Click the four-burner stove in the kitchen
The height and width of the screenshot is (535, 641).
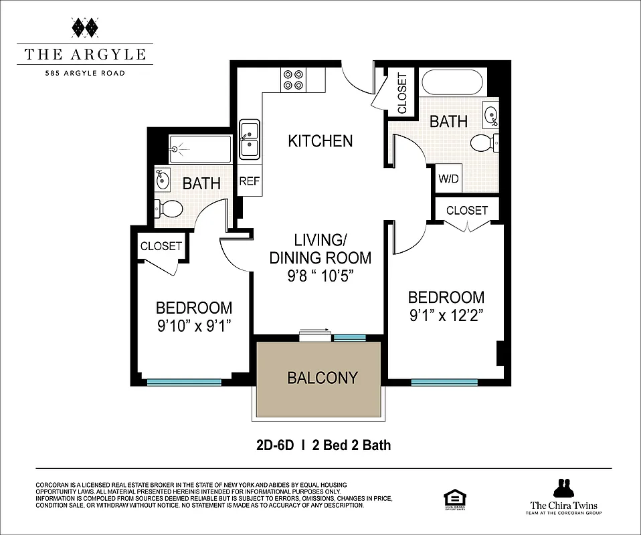coord(293,80)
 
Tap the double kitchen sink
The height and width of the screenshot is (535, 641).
coord(250,139)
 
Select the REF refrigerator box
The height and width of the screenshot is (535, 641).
coord(249,181)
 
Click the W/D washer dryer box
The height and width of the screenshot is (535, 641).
coord(448,179)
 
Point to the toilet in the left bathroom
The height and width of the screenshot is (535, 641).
coord(168,209)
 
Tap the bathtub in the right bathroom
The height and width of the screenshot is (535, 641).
coord(453,84)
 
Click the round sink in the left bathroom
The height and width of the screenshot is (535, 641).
coord(163,179)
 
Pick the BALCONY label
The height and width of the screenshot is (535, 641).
coord(322,378)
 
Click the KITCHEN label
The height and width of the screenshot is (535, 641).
coord(320,141)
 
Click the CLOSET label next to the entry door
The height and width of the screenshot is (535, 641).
coord(402,94)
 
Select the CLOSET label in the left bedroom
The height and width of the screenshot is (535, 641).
coord(161,246)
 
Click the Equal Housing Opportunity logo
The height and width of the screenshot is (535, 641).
coord(454,499)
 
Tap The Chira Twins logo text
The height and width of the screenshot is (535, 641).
coord(563,506)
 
